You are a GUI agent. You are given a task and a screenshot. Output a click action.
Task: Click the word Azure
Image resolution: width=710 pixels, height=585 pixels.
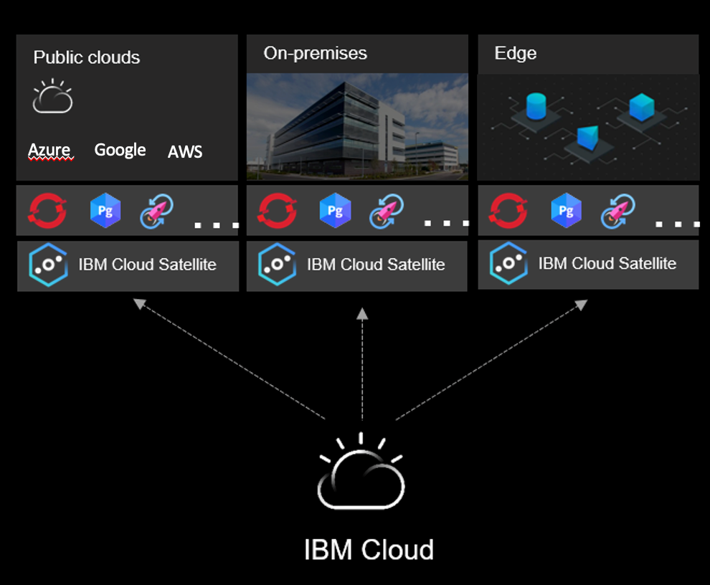pyautogui.click(x=49, y=150)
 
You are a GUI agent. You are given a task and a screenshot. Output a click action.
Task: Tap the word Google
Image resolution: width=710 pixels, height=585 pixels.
pyautogui.click(x=120, y=150)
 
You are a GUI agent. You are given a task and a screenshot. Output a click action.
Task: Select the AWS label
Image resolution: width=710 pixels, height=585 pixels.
pyautogui.click(x=185, y=151)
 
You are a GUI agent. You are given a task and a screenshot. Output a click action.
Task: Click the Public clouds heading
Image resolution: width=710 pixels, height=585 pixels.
pyautogui.click(x=87, y=57)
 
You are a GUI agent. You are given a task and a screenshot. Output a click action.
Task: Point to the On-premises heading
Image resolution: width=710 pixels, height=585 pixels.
pyautogui.click(x=315, y=53)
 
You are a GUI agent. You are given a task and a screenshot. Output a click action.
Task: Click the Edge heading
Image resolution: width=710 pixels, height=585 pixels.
pyautogui.click(x=515, y=53)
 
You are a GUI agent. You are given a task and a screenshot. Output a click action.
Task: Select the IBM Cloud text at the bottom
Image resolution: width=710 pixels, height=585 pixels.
pyautogui.click(x=369, y=550)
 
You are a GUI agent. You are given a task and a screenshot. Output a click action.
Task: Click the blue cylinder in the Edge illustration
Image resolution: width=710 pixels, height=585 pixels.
pyautogui.click(x=536, y=106)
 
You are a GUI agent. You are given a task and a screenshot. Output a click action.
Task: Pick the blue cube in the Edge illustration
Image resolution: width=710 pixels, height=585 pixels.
pyautogui.click(x=641, y=108)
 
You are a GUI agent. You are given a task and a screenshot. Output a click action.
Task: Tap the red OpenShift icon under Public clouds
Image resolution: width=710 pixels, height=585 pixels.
pyautogui.click(x=47, y=211)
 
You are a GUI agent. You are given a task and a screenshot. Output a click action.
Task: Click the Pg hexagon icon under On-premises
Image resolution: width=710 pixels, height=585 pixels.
pyautogui.click(x=334, y=211)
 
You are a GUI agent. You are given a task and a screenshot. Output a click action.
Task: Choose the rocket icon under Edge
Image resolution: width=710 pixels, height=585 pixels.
pyautogui.click(x=618, y=211)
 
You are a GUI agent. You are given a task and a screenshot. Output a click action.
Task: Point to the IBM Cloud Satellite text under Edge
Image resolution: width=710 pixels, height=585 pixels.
pyautogui.click(x=607, y=264)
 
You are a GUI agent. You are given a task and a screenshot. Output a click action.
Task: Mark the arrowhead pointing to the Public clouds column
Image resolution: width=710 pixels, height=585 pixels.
pyautogui.click(x=138, y=304)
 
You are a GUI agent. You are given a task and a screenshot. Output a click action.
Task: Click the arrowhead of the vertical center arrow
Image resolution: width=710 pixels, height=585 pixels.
pyautogui.click(x=362, y=313)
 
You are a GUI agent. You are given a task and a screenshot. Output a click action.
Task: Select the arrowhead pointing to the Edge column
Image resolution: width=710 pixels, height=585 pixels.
pyautogui.click(x=582, y=305)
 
